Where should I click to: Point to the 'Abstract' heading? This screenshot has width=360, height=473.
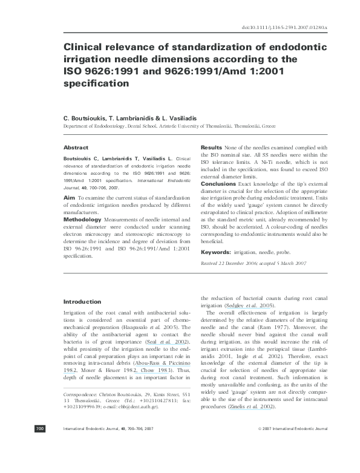click(76, 148)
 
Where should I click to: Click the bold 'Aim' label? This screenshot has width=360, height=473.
click(69, 197)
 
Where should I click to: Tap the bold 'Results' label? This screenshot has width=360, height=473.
click(211, 148)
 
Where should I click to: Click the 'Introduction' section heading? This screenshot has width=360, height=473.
click(82, 301)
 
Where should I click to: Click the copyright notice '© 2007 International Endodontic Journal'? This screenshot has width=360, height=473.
click(292, 463)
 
